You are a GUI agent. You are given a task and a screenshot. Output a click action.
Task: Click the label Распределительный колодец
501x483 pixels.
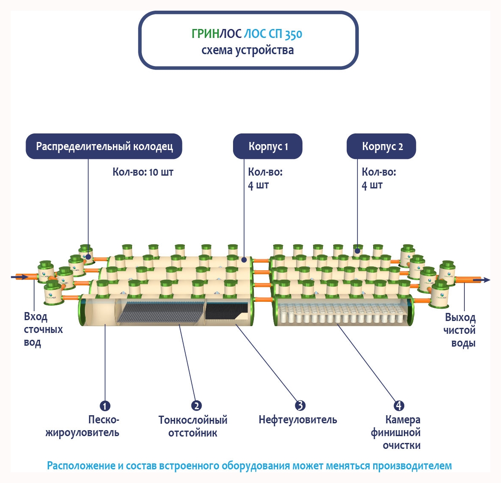tap(104, 147)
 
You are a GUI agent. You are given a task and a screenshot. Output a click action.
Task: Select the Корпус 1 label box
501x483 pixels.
tap(268, 147)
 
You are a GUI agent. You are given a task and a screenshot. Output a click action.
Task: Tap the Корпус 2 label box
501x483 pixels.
tap(382, 147)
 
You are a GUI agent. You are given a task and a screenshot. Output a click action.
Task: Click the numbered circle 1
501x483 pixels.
tap(105, 406)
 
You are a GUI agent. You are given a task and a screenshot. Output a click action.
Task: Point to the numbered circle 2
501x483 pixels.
tap(196, 405)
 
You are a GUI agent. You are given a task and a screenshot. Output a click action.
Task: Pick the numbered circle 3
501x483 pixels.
tap(300, 405)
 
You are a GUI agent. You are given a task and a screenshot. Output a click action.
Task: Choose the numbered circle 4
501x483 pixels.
tap(399, 405)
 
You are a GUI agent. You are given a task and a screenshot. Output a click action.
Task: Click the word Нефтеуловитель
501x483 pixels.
tap(298, 420)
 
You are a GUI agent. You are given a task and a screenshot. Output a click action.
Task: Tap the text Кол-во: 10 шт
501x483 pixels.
tap(143, 172)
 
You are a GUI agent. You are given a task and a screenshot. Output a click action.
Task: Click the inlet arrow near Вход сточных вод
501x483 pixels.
tap(19, 277)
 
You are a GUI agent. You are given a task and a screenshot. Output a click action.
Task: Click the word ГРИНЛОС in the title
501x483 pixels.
tap(216, 34)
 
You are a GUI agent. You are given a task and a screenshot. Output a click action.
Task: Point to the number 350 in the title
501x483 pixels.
tap(294, 35)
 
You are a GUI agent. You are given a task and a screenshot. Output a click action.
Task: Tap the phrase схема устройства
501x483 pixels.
tap(248, 50)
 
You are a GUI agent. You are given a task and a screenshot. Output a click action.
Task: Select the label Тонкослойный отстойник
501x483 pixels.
tap(193, 426)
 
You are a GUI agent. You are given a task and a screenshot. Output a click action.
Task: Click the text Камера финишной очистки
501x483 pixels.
tap(396, 433)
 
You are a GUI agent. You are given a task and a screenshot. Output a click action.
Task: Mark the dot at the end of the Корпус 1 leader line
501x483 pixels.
tap(244, 259)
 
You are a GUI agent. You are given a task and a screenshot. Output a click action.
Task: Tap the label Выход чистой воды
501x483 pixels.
tap(460, 330)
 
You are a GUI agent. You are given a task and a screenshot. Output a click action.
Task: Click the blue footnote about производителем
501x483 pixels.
tap(249, 466)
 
